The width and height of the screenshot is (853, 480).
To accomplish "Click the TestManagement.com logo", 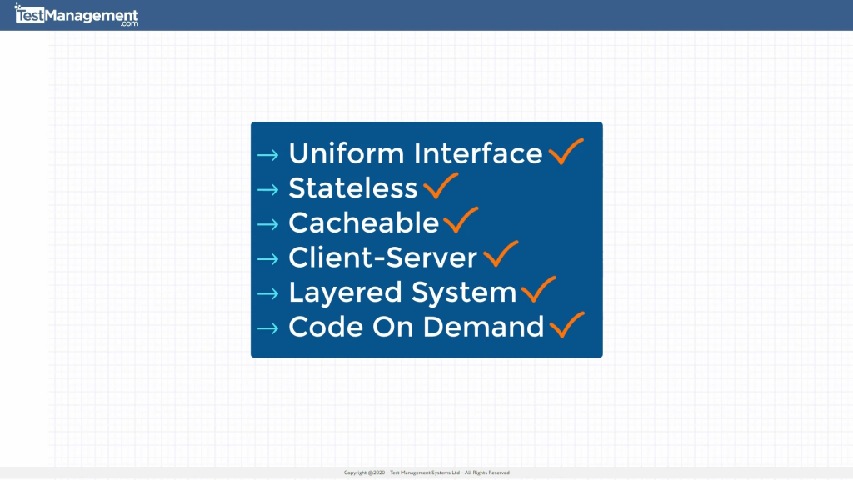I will pos(77,15).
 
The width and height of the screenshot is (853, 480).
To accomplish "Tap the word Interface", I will pos(478,154).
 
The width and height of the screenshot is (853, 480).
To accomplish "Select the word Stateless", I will pos(352,189).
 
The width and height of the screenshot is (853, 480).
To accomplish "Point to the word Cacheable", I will pos(363,223).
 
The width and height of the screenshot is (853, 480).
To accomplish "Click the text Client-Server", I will pos(382,258).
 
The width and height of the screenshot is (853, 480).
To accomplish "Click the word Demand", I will pos(483,327).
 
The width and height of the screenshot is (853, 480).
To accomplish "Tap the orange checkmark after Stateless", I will pos(441,186).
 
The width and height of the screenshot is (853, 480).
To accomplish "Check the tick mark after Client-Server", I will pos(500,254).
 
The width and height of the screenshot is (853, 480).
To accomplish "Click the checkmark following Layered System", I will pos(538,289).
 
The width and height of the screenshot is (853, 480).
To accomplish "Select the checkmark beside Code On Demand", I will pos(566,324).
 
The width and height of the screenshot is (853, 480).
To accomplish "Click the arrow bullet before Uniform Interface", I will pos(267,155).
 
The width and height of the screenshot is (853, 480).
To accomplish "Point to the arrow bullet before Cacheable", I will pos(267,224).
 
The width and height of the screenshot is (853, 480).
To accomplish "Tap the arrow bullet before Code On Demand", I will pos(267,328).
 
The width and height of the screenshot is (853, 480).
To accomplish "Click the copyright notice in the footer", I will pos(426,472).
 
